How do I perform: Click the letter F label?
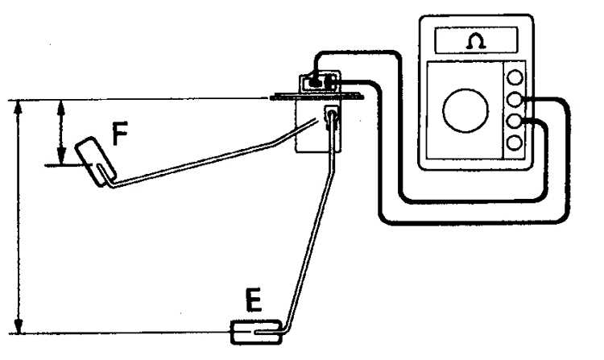point(120,134)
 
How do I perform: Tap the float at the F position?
point(95,162)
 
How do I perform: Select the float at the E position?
point(256,332)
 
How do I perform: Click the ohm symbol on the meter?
point(475,41)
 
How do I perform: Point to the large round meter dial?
point(465,110)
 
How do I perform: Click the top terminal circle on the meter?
point(515,77)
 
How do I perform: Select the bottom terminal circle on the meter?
point(515,143)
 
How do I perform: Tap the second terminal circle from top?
point(515,99)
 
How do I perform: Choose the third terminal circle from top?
point(515,121)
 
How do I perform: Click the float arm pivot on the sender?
point(331,114)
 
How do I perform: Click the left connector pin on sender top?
point(316,82)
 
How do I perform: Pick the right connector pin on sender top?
point(330,82)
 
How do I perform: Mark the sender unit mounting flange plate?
point(316,97)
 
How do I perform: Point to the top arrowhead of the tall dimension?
point(18,107)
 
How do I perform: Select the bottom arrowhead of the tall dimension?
point(18,325)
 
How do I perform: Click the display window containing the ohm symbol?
point(476,40)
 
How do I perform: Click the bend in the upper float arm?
point(273,143)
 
